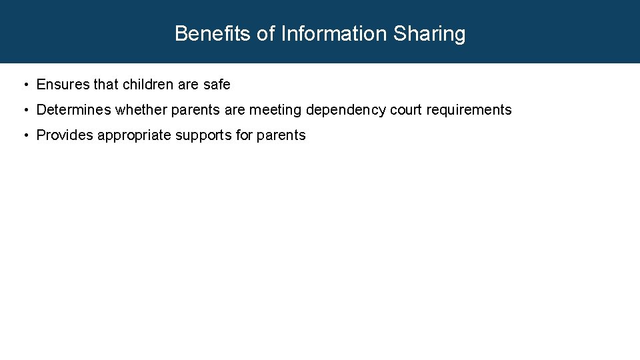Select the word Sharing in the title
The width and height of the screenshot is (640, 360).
coord(429,33)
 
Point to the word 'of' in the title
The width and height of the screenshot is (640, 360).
coord(266,33)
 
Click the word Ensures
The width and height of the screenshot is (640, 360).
coord(62,85)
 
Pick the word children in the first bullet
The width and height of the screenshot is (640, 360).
coord(148,85)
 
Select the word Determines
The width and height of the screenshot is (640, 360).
coord(73,110)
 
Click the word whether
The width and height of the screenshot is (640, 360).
coord(141,110)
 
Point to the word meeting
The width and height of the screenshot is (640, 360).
coord(275,110)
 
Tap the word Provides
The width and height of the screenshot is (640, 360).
coord(65,135)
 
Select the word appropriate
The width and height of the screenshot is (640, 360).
coord(135,135)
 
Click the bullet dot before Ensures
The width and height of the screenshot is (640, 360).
coord(25,85)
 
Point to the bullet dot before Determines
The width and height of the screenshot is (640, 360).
coord(25,110)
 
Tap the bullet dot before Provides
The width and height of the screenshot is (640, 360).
coord(25,135)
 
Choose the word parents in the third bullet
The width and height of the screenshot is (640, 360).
coord(281,135)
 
